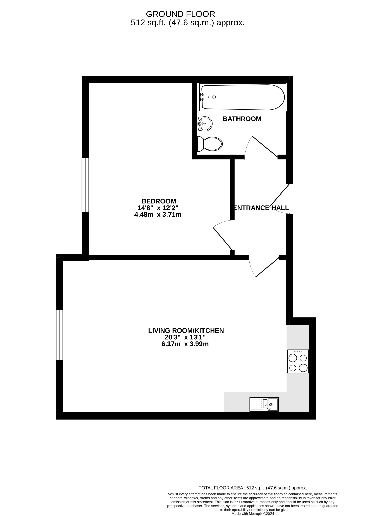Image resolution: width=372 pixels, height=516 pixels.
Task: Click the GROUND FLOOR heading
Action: click(180, 14)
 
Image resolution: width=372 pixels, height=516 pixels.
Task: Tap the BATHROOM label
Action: click(242, 119)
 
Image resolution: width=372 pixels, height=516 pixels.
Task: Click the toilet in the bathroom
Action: click(210, 144)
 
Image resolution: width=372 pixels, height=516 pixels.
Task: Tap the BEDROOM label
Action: click(159, 201)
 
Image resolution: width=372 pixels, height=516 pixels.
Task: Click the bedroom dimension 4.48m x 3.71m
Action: click(158, 215)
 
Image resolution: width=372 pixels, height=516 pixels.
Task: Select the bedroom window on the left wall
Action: click(85, 185)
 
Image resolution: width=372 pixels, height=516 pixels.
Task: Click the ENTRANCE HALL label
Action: click(261, 208)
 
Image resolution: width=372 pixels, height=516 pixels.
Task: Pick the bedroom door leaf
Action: click(223, 239)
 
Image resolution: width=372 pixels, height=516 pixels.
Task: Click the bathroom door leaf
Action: click(265, 146)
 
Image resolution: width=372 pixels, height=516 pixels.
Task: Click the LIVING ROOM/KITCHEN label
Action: click(186, 330)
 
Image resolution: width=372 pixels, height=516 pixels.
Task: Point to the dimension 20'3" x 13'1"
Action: click(185, 337)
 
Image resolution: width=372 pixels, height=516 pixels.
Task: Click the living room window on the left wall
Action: click(59, 335)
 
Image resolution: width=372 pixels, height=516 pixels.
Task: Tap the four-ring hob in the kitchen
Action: click(298, 361)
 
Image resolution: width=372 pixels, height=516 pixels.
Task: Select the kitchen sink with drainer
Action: click(264, 404)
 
